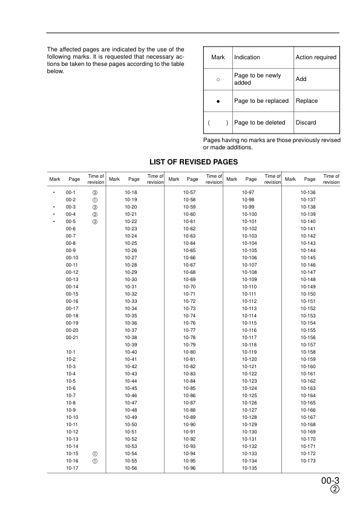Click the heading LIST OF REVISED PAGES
tap(192, 162)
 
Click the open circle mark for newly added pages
tap(218, 79)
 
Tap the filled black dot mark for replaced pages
tap(218, 101)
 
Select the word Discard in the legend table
tap(306, 123)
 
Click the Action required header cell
tap(316, 57)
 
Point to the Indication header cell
tap(247, 57)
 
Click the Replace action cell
tap(307, 101)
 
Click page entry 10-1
tap(71, 352)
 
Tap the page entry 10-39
tap(130, 345)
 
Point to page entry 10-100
tap(249, 215)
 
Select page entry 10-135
tap(249, 468)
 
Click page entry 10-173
tap(309, 460)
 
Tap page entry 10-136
tap(309, 192)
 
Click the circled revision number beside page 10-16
tap(95, 460)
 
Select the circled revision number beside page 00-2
tap(95, 199)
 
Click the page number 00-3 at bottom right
tap(330, 482)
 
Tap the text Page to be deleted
tap(259, 123)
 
